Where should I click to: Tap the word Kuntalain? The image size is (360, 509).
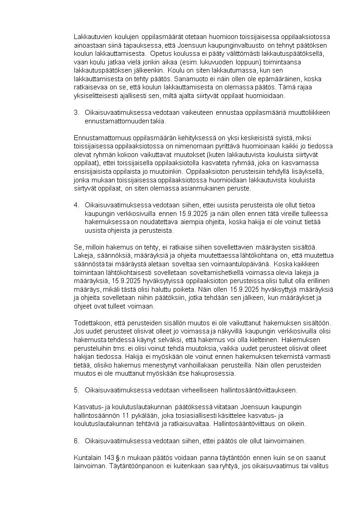(x=85, y=457)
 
